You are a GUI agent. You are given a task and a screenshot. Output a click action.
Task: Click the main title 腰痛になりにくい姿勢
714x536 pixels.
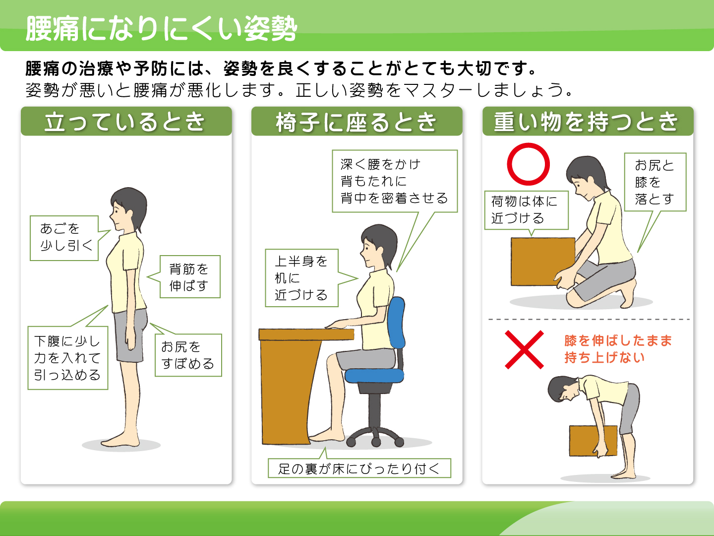pyautogui.click(x=161, y=29)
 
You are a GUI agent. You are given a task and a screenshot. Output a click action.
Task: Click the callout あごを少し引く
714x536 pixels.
pyautogui.click(x=64, y=238)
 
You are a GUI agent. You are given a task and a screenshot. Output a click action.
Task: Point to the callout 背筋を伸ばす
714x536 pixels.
pyautogui.click(x=189, y=276)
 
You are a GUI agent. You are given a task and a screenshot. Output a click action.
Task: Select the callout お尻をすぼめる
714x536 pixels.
pyautogui.click(x=188, y=355)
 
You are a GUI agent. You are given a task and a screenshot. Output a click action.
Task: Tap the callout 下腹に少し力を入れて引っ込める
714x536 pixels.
pyautogui.click(x=67, y=358)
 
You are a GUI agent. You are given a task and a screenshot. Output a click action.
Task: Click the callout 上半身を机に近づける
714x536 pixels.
pyautogui.click(x=301, y=278)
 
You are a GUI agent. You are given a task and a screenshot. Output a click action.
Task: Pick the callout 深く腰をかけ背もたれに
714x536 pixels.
pyautogui.click(x=395, y=181)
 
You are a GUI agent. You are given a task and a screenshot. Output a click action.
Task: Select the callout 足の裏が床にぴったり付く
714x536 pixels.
pyautogui.click(x=359, y=468)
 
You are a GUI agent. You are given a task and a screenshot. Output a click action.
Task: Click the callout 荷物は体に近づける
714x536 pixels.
pyautogui.click(x=526, y=210)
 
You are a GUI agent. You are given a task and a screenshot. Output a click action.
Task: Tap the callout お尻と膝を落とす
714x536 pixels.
pyautogui.click(x=655, y=182)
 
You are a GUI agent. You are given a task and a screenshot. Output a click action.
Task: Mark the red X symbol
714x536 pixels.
pyautogui.click(x=524, y=349)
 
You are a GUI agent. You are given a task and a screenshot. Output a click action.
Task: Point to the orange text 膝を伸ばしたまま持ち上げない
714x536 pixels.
pyautogui.click(x=618, y=349)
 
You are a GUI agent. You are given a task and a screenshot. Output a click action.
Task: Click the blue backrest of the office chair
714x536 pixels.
pyautogui.click(x=397, y=323)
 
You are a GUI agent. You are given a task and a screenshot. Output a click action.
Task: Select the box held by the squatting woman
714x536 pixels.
pyautogui.click(x=542, y=262)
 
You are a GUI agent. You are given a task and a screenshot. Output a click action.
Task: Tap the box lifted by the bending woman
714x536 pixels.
pyautogui.click(x=593, y=441)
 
